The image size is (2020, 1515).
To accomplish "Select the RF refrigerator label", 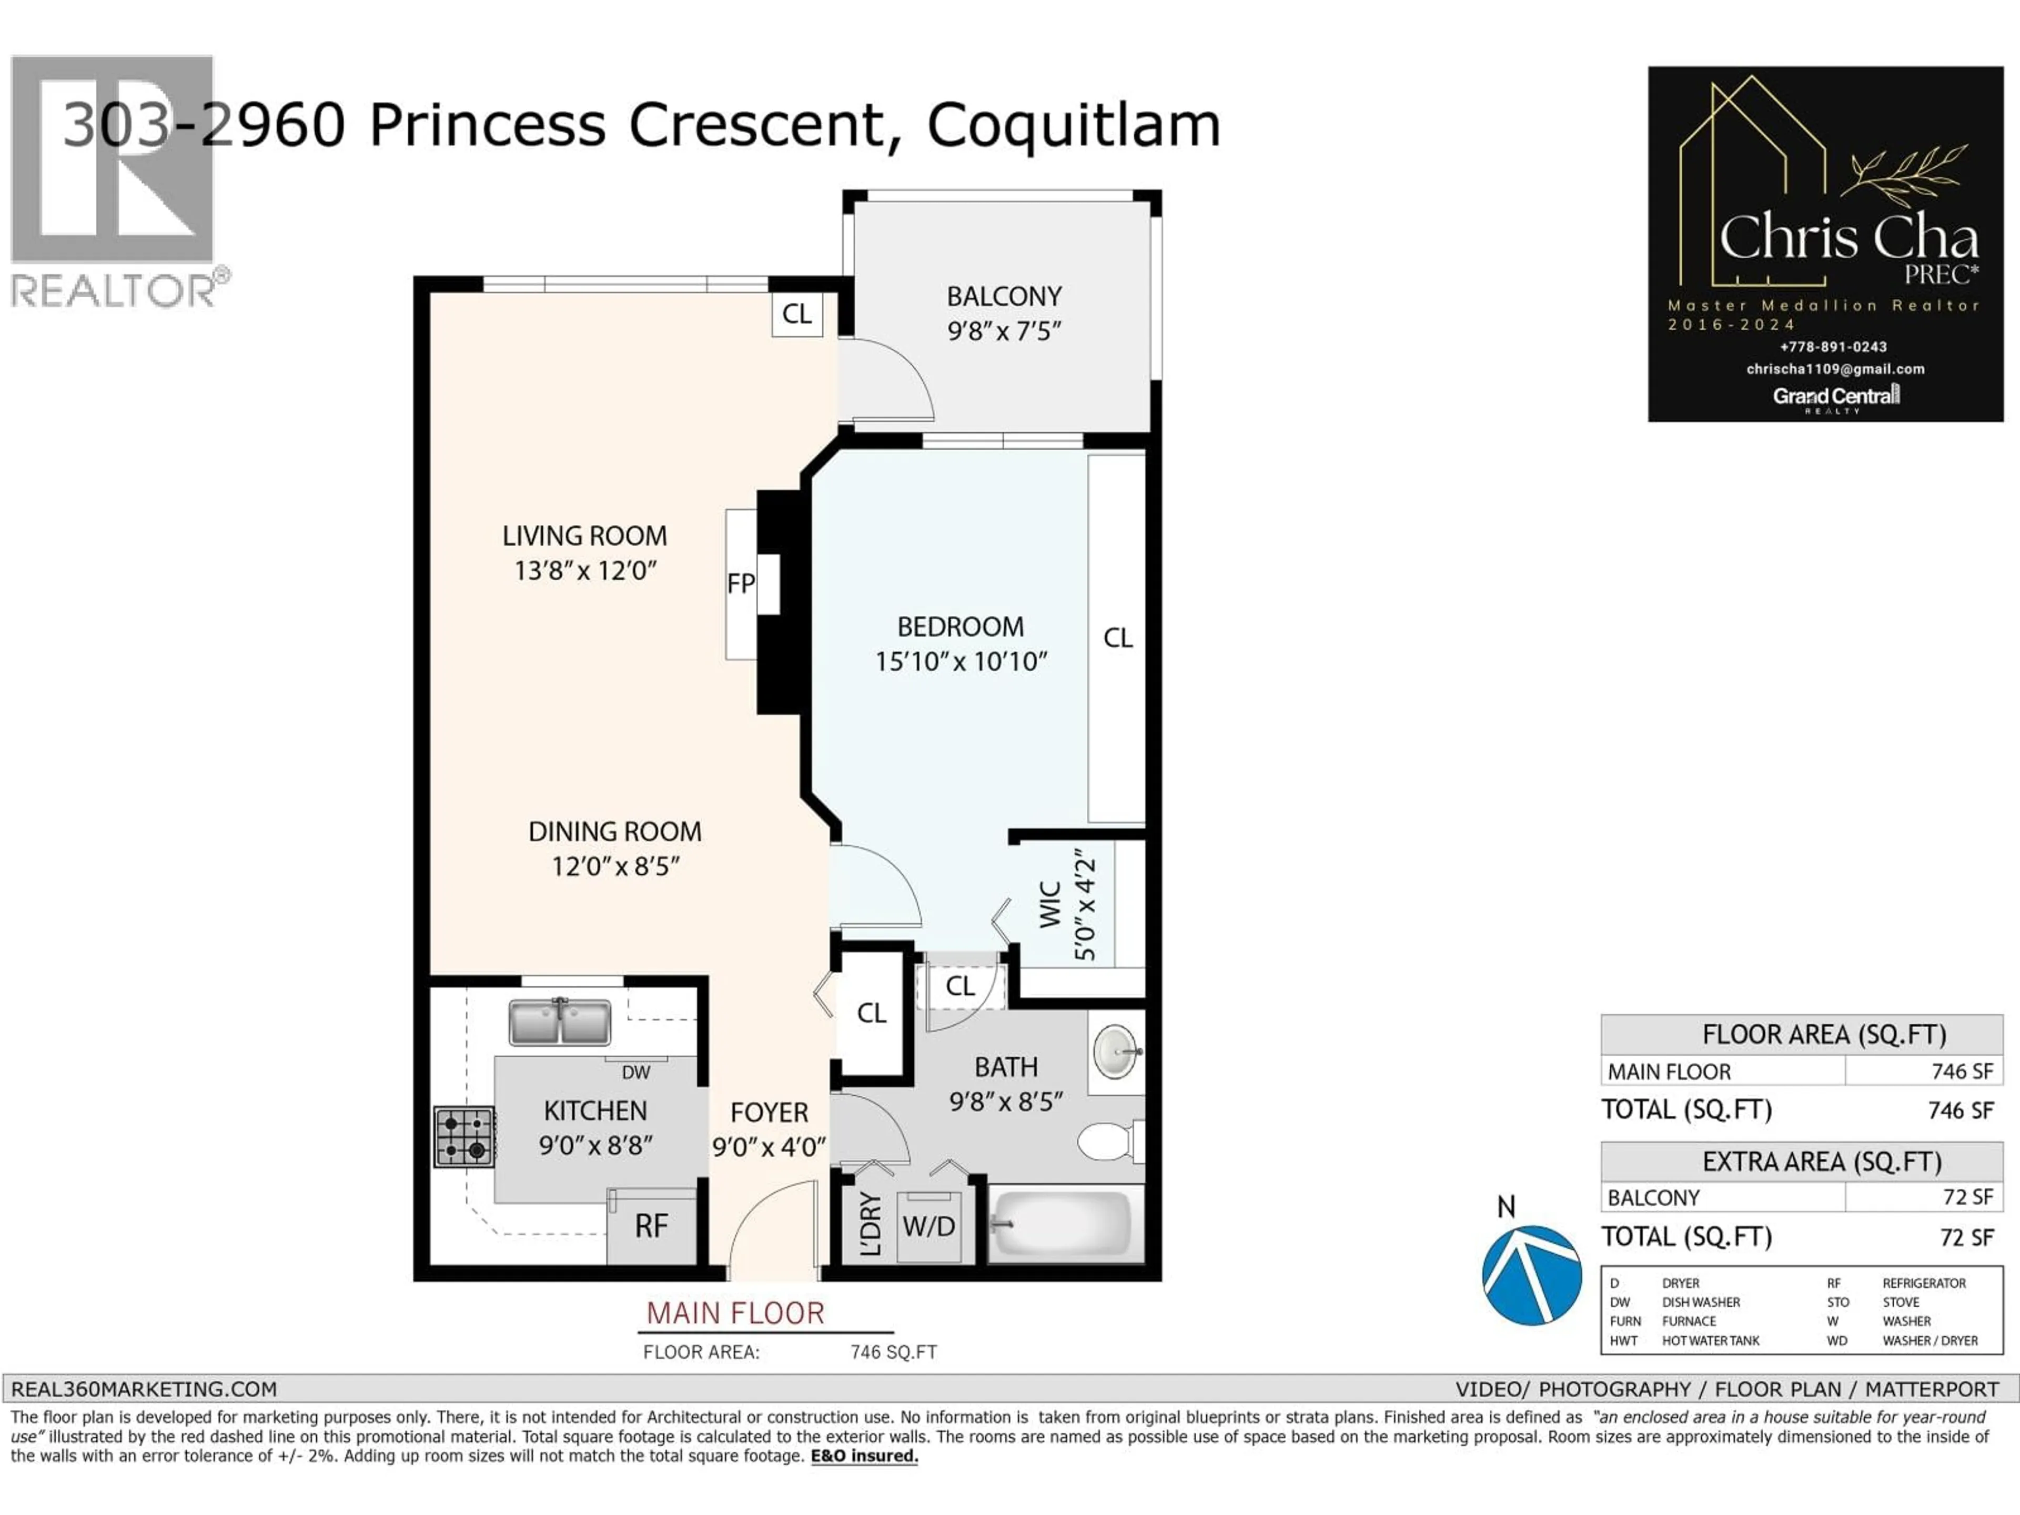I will click(651, 1226).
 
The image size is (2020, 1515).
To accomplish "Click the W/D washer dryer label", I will click(928, 1226).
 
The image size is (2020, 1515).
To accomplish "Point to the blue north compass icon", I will click(1531, 1275).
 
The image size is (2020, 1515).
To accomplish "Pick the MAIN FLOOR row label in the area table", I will click(1669, 1071).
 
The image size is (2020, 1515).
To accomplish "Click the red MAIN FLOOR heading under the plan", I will click(735, 1313).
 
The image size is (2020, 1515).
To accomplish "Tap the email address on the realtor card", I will click(1835, 369).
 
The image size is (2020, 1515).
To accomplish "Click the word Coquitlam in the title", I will click(1073, 125).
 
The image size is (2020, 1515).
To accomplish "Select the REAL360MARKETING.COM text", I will click(144, 1389).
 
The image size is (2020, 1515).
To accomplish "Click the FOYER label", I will click(769, 1112).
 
